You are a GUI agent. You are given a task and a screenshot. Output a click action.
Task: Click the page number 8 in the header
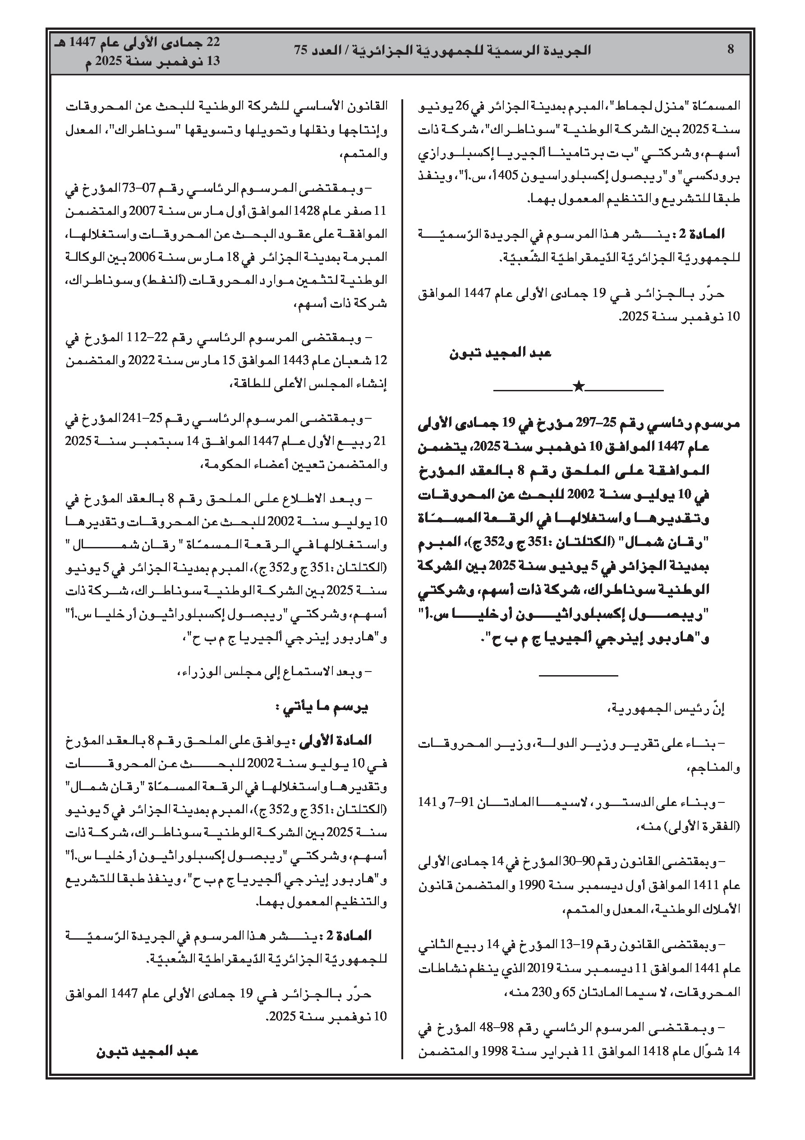(730, 50)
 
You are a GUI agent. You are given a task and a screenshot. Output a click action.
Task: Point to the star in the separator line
(579, 386)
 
